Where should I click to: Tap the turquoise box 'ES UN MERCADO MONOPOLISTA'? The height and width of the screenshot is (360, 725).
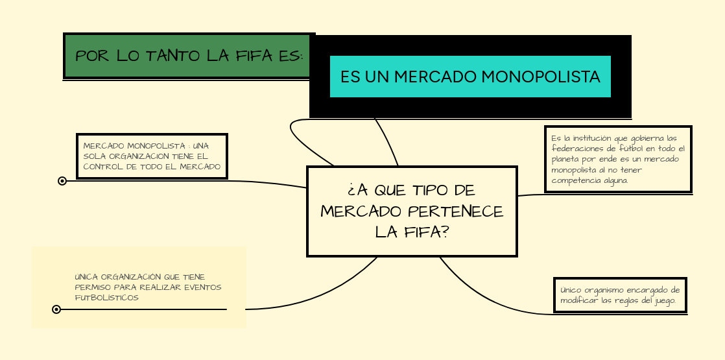click(470, 77)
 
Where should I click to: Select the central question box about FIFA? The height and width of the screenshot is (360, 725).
click(412, 211)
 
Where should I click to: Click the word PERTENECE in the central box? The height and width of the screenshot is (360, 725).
click(455, 211)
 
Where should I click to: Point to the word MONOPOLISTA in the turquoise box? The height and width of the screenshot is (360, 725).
click(541, 77)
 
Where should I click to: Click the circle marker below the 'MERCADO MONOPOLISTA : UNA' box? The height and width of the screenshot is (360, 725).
click(62, 181)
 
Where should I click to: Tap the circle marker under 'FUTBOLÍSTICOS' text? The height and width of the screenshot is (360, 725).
click(56, 309)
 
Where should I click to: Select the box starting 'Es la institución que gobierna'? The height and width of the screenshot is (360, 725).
click(618, 159)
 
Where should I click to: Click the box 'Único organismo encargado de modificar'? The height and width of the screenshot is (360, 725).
click(620, 294)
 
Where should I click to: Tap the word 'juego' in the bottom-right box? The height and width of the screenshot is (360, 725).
click(665, 301)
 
